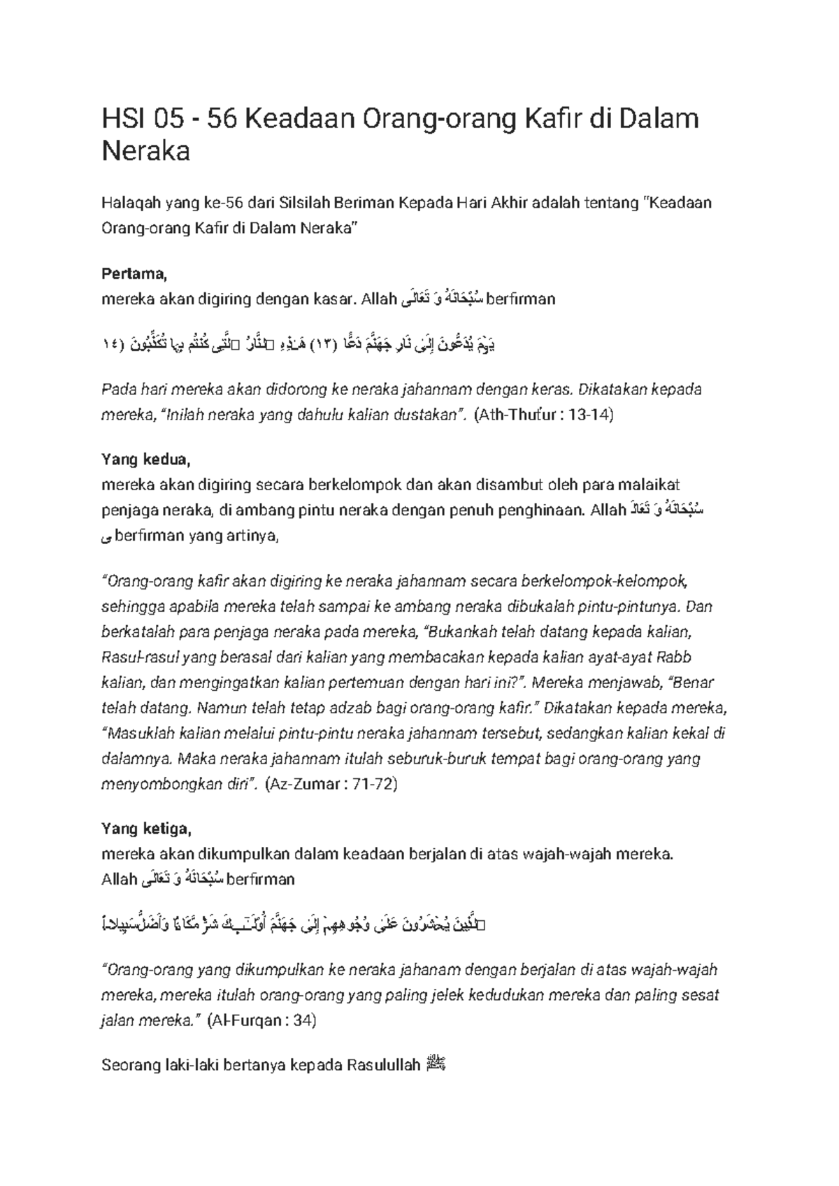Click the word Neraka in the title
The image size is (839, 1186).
point(145,150)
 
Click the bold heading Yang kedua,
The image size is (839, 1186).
point(145,459)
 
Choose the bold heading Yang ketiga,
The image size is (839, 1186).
point(145,829)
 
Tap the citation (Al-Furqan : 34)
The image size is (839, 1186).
point(261,1020)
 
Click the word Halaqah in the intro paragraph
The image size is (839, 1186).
point(131,203)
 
